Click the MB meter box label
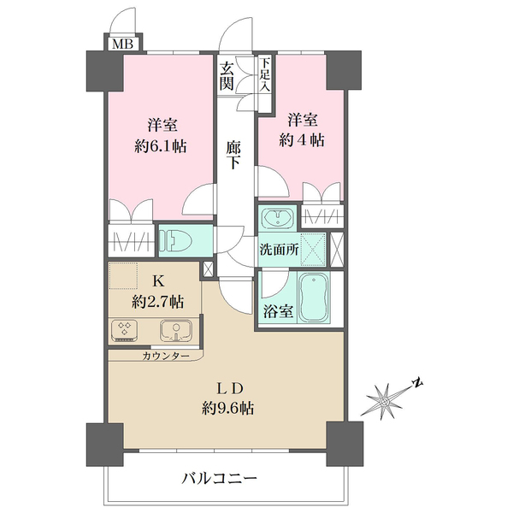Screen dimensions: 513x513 coord(123,44)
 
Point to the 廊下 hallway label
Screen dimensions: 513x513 coord(233,155)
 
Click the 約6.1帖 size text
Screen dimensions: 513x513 coord(161,146)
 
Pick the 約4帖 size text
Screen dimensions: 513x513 coord(302,140)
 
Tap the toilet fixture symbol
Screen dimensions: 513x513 coord(177,241)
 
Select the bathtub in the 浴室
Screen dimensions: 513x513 coord(314,298)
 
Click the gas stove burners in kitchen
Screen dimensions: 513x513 coord(124,329)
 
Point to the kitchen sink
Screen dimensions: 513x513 coord(176,330)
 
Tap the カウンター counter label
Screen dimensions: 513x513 coord(166,356)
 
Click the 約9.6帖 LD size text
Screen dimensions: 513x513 coord(227,409)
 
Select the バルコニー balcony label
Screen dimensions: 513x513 coord(219,480)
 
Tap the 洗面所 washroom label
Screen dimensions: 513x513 coord(279,250)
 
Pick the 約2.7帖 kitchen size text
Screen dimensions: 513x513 coord(157,302)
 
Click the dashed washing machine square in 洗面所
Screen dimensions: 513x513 coord(313,250)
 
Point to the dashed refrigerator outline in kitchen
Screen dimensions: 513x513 coord(123,276)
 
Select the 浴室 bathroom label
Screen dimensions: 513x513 coord(279,311)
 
